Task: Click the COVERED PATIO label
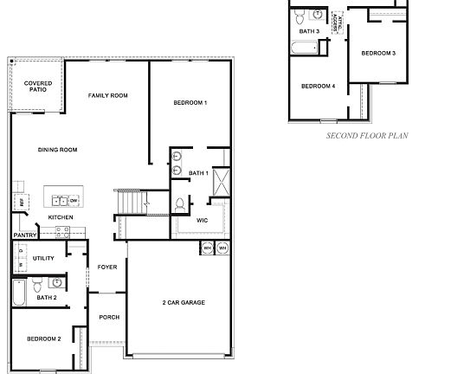(37, 87)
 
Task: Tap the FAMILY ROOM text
(108, 95)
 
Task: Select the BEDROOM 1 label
(190, 103)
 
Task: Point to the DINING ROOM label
(58, 150)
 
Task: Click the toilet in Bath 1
(179, 204)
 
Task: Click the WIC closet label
(202, 220)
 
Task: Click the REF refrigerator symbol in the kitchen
(16, 203)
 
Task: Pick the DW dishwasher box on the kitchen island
(74, 200)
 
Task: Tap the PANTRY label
(23, 235)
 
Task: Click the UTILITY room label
(43, 258)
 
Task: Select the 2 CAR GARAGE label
(184, 302)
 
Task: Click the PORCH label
(109, 317)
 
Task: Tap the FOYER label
(107, 267)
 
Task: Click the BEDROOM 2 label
(43, 339)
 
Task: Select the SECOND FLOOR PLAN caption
(366, 136)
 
